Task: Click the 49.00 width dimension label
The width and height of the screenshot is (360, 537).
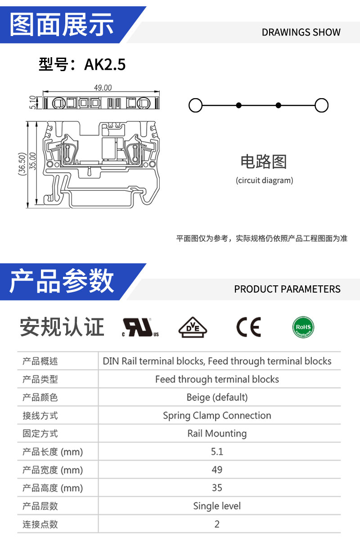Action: pyautogui.click(x=103, y=88)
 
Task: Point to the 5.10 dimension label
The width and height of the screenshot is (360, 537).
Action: pyautogui.click(x=33, y=102)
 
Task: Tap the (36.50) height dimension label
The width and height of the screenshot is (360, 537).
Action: pyautogui.click(x=22, y=164)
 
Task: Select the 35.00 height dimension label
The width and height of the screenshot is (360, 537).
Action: pyautogui.click(x=32, y=161)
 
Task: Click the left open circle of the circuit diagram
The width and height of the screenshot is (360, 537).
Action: pyautogui.click(x=196, y=105)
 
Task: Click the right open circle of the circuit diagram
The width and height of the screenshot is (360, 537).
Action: pyautogui.click(x=321, y=105)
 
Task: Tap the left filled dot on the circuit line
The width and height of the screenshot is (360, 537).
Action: pyautogui.click(x=239, y=105)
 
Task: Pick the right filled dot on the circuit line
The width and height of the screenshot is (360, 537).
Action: pyautogui.click(x=279, y=105)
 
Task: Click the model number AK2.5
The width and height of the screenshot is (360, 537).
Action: pyautogui.click(x=105, y=64)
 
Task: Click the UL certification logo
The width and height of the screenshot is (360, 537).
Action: pyautogui.click(x=140, y=327)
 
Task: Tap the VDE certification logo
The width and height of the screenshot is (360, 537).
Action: pyautogui.click(x=193, y=327)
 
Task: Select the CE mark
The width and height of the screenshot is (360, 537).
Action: pyautogui.click(x=249, y=327)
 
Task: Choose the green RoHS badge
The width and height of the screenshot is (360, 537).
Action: pyautogui.click(x=303, y=327)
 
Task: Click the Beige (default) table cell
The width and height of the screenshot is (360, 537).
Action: pyautogui.click(x=217, y=397)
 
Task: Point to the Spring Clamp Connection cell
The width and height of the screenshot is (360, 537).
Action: pyautogui.click(x=217, y=415)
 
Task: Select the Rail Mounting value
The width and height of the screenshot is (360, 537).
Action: pyautogui.click(x=217, y=433)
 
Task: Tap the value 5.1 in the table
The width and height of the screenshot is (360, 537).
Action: pyautogui.click(x=217, y=452)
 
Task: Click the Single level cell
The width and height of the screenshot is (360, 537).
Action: pyautogui.click(x=217, y=506)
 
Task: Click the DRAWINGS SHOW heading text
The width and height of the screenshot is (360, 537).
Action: pyautogui.click(x=301, y=32)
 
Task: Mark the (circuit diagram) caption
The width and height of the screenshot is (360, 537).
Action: pyautogui.click(x=265, y=181)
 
